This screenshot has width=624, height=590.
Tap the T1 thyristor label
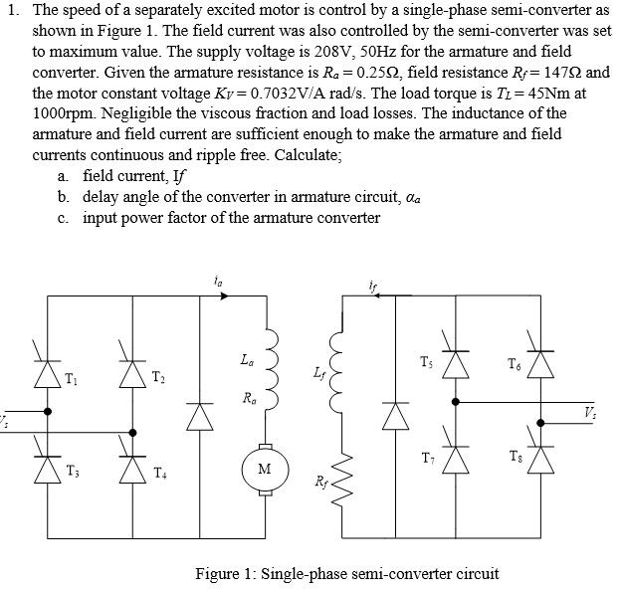pos(71,376)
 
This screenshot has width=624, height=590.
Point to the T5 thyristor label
pos(427,362)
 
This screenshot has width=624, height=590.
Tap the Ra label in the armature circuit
pos(246,399)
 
